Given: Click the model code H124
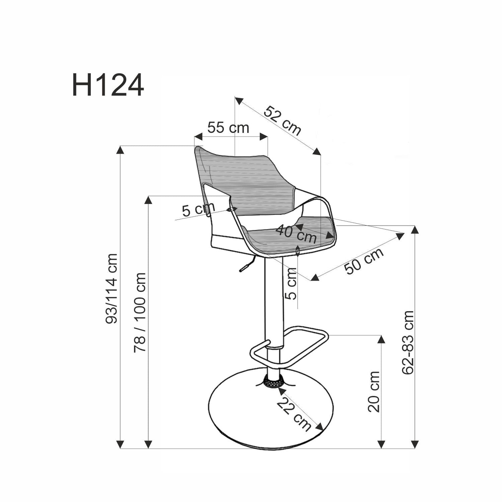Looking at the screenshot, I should [x=108, y=86].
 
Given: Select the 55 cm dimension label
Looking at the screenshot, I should [x=228, y=128].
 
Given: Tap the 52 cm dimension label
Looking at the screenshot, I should [x=282, y=120].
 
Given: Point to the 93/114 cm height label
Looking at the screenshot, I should [x=111, y=288].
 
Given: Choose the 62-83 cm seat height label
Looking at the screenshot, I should [x=408, y=342].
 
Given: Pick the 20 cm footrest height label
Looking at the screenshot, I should [x=374, y=391].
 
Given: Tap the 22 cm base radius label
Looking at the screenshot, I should [x=294, y=415].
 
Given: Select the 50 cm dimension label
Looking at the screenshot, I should [x=364, y=261].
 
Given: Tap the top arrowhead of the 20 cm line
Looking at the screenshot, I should [x=381, y=339].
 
